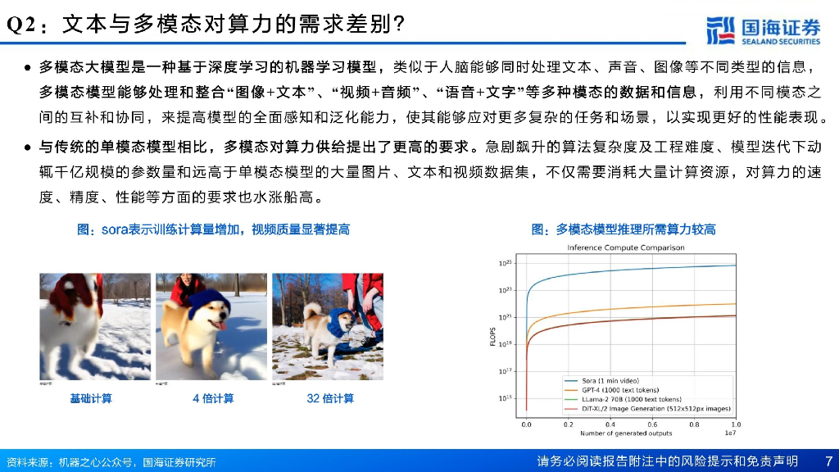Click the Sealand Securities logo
(x=763, y=31)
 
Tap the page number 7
(x=828, y=461)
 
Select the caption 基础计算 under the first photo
(x=91, y=398)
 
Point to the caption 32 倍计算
(x=330, y=398)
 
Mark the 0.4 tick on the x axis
(x=610, y=424)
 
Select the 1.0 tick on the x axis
(x=735, y=424)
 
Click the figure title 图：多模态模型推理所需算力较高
(x=624, y=229)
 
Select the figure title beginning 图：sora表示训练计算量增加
(x=213, y=229)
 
